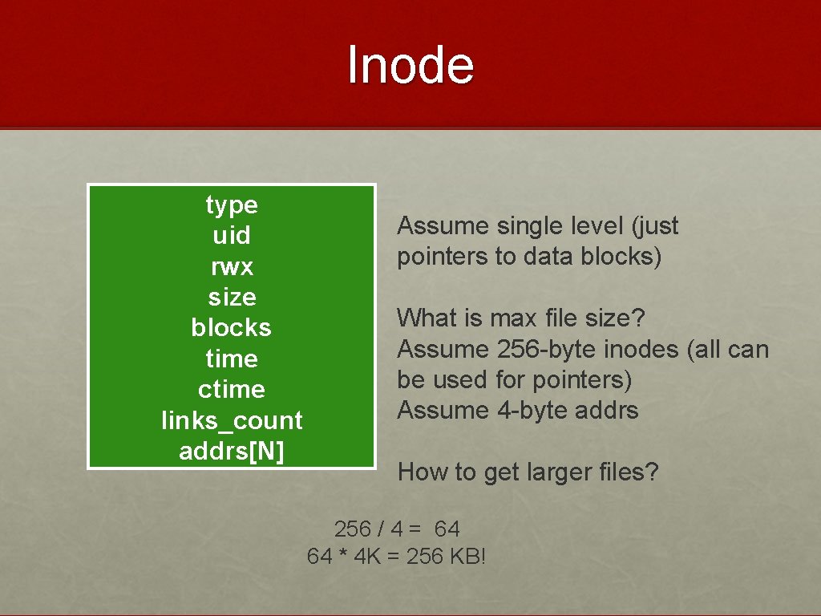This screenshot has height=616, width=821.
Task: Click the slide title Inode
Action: point(410,65)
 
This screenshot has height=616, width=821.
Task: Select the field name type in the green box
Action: point(232,205)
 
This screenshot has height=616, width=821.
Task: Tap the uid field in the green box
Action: point(232,236)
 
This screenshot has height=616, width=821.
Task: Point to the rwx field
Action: point(232,266)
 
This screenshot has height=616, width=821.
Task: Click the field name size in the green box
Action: point(232,297)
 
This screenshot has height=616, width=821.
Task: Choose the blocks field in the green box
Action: point(232,327)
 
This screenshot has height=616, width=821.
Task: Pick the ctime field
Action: point(232,389)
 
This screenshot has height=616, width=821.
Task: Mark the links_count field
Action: point(232,420)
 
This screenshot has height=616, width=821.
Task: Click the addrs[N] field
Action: point(232,451)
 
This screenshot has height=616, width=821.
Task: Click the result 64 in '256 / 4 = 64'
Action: point(446,529)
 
